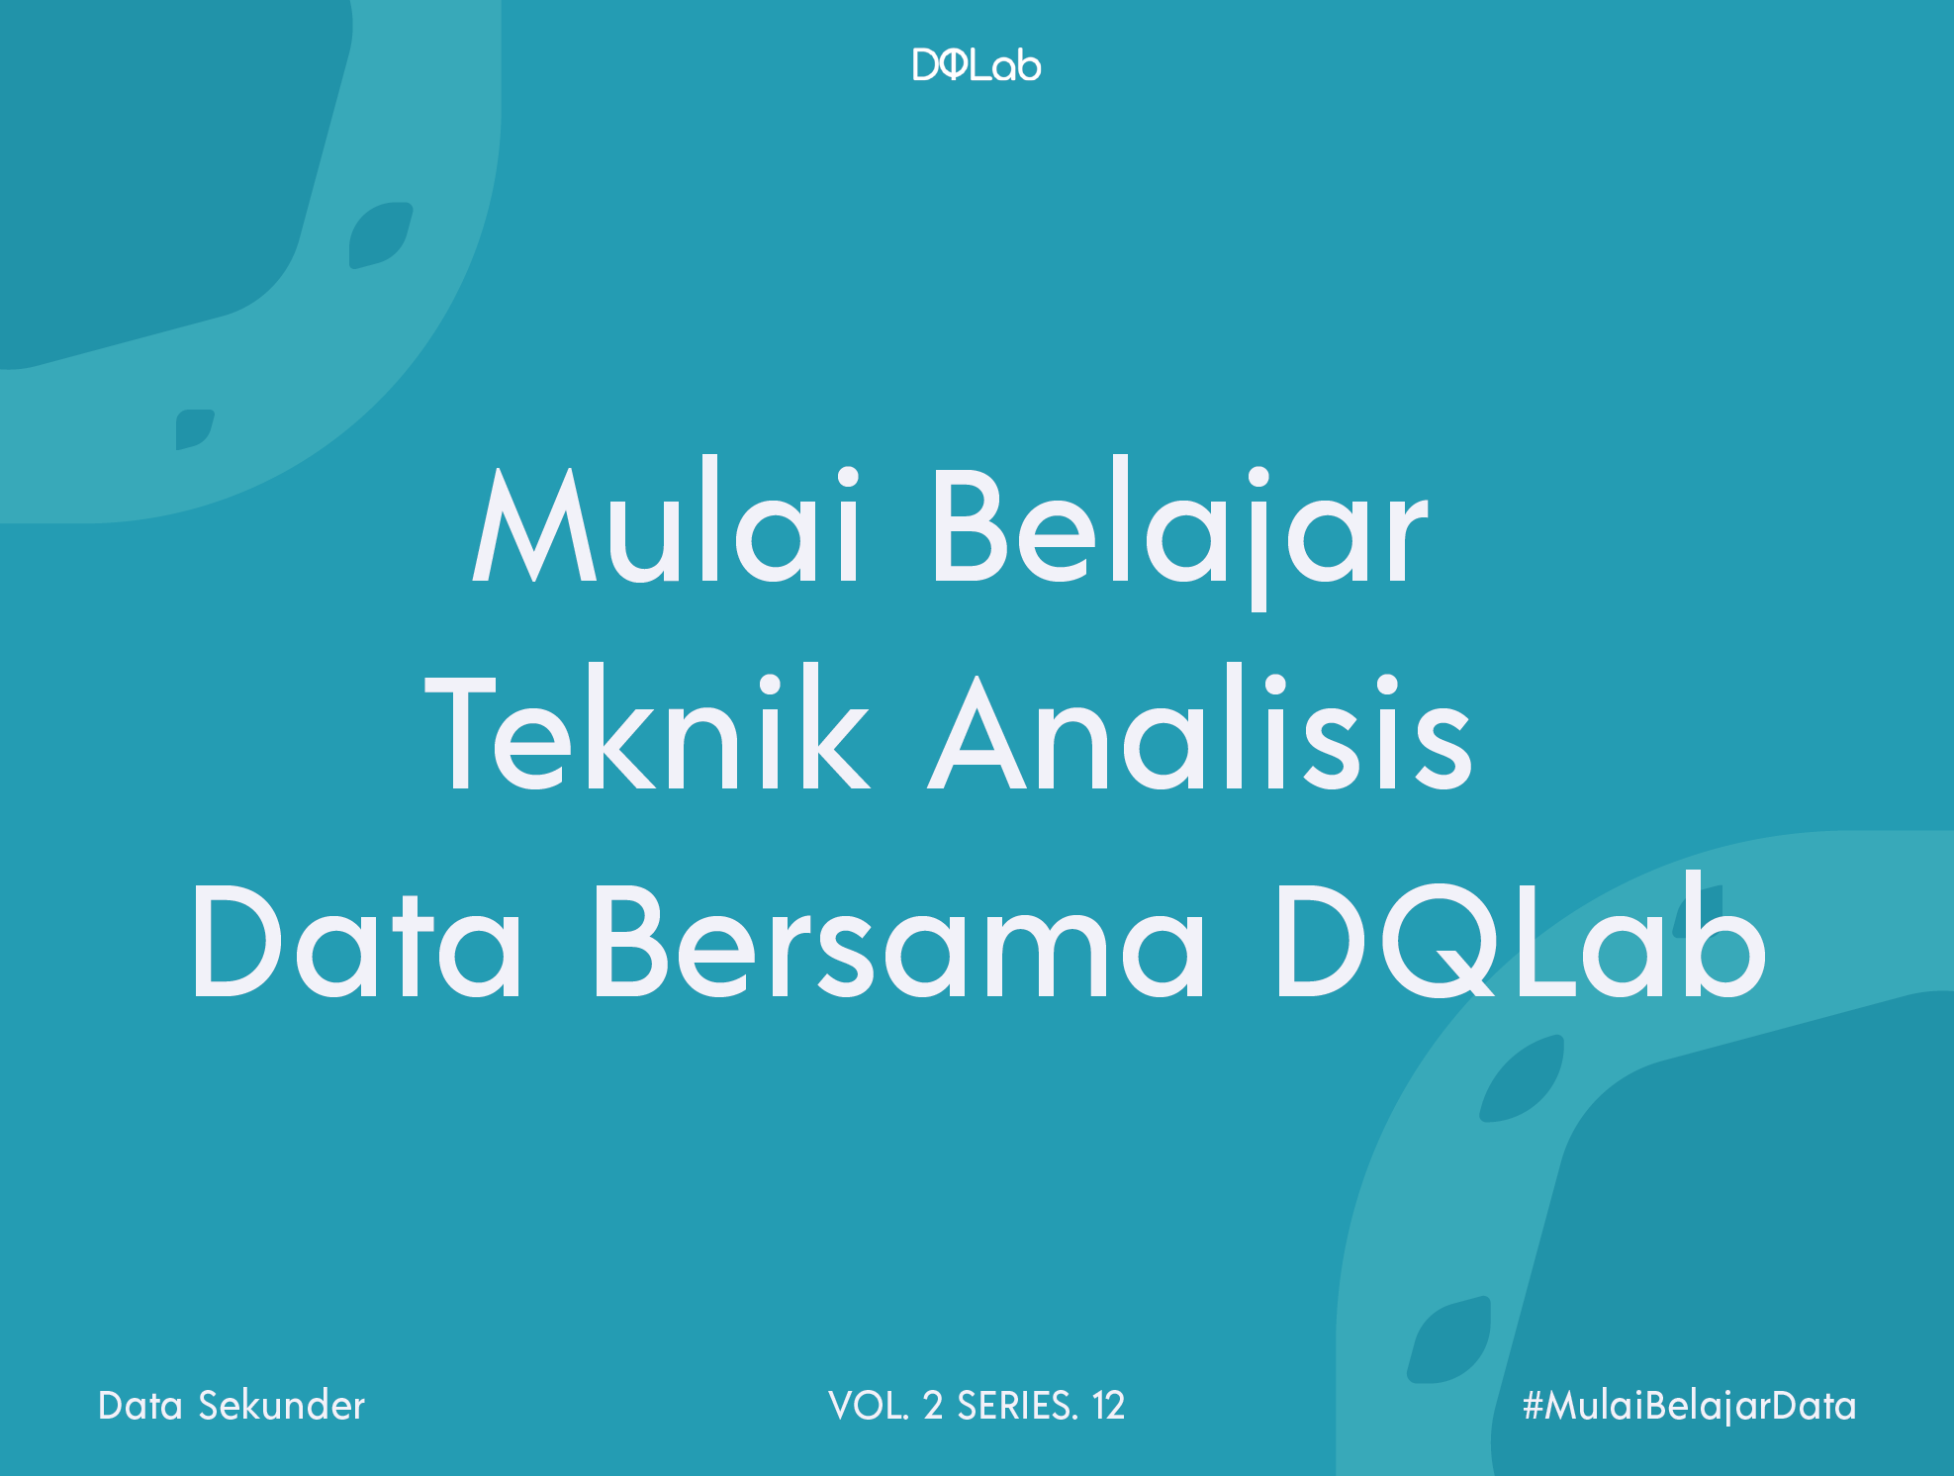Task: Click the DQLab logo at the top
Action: pyautogui.click(x=977, y=65)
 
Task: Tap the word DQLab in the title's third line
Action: pyautogui.click(x=1521, y=936)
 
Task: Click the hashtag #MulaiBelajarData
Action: pyautogui.click(x=1689, y=1406)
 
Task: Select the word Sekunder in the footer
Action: pyautogui.click(x=282, y=1406)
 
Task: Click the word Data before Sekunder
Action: pyautogui.click(x=140, y=1406)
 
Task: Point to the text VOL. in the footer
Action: pyautogui.click(x=868, y=1406)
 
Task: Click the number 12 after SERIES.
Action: pyautogui.click(x=1108, y=1406)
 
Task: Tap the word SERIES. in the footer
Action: pyautogui.click(x=1017, y=1406)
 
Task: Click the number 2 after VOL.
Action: pyautogui.click(x=933, y=1406)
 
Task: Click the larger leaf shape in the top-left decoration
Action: pyautogui.click(x=381, y=235)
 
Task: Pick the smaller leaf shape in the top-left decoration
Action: pyautogui.click(x=195, y=429)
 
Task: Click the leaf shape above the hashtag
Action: pyautogui.click(x=1449, y=1339)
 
